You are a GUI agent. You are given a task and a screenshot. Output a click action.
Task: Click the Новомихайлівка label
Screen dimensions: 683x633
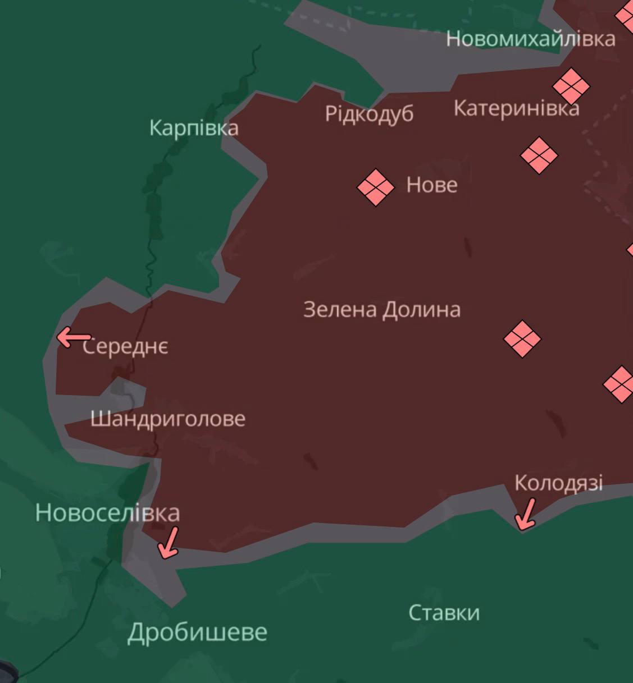point(530,39)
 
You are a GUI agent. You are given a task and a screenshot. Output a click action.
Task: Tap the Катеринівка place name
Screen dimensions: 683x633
point(516,108)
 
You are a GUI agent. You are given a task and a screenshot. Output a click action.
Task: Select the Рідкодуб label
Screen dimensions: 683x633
point(369,114)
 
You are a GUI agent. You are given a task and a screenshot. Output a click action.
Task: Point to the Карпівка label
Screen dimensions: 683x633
point(194,128)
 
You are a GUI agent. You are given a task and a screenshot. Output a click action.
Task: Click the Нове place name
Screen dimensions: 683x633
point(431,185)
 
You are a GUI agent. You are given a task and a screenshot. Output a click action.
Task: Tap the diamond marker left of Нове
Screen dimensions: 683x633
point(376,187)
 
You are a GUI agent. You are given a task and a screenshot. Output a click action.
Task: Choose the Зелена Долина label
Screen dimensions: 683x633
point(382,309)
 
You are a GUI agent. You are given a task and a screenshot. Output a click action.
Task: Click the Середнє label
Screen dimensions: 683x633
point(125,346)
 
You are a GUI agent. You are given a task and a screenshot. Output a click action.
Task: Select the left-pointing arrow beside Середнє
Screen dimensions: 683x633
point(73,337)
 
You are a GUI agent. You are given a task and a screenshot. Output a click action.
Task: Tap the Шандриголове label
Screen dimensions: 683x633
point(168,419)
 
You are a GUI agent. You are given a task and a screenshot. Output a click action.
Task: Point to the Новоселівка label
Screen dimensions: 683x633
point(107,512)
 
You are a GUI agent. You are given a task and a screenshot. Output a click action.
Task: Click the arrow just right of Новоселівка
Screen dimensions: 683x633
point(169,542)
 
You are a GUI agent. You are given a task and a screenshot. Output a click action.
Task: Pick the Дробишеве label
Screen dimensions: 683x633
point(197,632)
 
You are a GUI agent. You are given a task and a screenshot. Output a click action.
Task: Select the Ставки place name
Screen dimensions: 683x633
point(444,612)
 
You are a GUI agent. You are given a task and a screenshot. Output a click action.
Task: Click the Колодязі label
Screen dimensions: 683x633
point(558,483)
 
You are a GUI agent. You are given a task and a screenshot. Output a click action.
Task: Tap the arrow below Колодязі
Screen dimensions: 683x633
point(526,514)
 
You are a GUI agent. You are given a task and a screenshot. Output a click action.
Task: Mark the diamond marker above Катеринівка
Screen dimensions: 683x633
point(571,86)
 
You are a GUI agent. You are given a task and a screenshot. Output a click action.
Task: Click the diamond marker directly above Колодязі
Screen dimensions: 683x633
point(522,339)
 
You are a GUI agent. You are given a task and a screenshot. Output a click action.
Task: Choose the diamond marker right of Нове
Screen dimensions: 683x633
point(539,155)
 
